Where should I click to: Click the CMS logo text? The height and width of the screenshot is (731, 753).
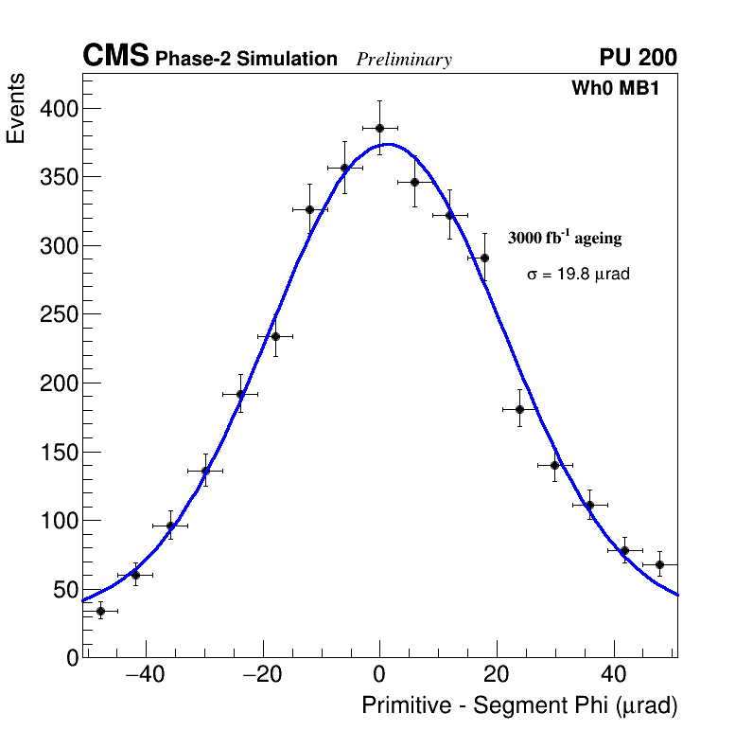click(x=115, y=57)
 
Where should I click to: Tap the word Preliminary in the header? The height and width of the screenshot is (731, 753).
click(x=404, y=60)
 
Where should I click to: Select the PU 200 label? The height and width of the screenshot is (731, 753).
click(x=638, y=58)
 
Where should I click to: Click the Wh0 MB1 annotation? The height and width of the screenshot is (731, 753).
click(x=614, y=89)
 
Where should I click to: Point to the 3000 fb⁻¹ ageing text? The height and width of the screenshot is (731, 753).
click(x=565, y=239)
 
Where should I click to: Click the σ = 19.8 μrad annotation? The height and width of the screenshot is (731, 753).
click(x=578, y=275)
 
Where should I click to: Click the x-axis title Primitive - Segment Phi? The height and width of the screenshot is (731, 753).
click(x=519, y=706)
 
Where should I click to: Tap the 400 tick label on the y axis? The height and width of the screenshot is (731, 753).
click(x=58, y=109)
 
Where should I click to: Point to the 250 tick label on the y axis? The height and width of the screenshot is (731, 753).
click(x=58, y=315)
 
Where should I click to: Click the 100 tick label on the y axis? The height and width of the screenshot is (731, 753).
click(x=58, y=521)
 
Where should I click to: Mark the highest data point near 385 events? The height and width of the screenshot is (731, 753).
click(x=379, y=128)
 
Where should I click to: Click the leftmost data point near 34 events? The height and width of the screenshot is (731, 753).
click(x=100, y=611)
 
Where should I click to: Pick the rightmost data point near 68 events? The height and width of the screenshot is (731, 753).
click(x=659, y=564)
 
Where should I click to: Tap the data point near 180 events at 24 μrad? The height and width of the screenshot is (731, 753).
click(x=519, y=409)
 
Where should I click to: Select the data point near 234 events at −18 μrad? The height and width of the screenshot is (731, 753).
click(x=275, y=336)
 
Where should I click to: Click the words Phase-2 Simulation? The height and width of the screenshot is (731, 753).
click(x=246, y=60)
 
